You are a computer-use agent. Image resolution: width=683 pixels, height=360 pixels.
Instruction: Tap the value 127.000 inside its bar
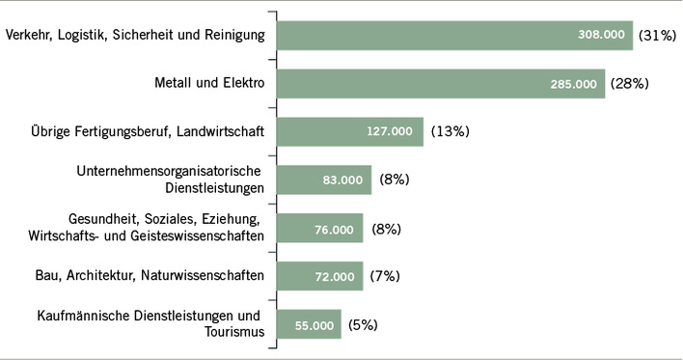[x=390, y=131]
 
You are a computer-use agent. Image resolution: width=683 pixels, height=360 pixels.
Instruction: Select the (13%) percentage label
[x=451, y=130]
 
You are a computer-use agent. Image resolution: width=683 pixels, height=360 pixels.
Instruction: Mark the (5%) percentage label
[x=363, y=324]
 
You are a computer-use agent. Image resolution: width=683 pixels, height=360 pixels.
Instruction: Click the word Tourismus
[x=232, y=333]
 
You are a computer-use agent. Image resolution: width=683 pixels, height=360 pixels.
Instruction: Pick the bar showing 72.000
[x=319, y=276]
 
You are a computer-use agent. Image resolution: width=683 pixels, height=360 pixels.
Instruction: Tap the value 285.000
[x=573, y=84]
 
